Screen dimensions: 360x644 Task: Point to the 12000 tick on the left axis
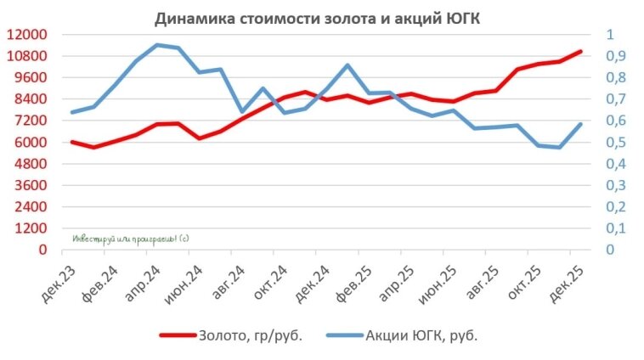[x=29, y=35]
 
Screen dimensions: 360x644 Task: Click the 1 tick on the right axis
[x=608, y=35]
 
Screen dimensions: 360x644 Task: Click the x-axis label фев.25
[x=352, y=281]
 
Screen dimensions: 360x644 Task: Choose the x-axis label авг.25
[x=479, y=281]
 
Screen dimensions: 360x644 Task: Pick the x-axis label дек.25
[x=564, y=281]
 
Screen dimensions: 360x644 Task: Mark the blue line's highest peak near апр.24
[x=157, y=45]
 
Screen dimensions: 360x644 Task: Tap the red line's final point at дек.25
[x=581, y=51]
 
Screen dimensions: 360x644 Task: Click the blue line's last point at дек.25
[x=581, y=124]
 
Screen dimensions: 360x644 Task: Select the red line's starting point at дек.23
[x=72, y=142]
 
